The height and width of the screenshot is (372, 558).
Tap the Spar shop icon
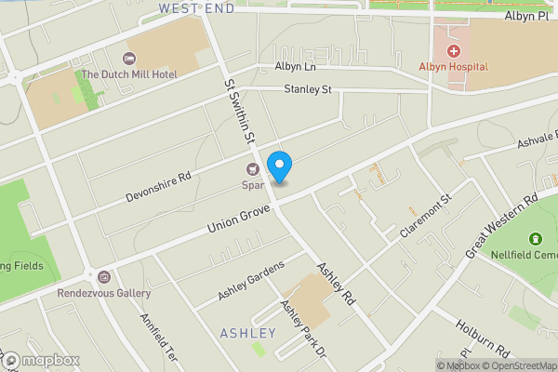[x=251, y=169]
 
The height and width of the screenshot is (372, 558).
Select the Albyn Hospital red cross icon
[x=454, y=52]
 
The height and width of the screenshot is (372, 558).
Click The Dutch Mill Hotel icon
[x=129, y=59]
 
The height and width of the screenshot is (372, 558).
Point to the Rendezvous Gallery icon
[x=103, y=277]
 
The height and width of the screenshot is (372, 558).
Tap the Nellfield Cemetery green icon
[x=535, y=241]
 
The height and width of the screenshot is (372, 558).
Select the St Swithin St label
[x=239, y=110]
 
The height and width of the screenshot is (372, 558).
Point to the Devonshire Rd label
[x=158, y=187]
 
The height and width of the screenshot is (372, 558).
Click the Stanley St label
[x=308, y=90]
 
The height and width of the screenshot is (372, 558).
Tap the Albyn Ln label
[x=296, y=67]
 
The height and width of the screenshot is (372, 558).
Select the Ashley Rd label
[x=337, y=285]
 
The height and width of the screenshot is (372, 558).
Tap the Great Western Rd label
[x=502, y=225]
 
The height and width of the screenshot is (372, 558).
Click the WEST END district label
[x=195, y=7]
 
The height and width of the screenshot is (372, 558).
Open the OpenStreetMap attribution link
[x=522, y=365]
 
